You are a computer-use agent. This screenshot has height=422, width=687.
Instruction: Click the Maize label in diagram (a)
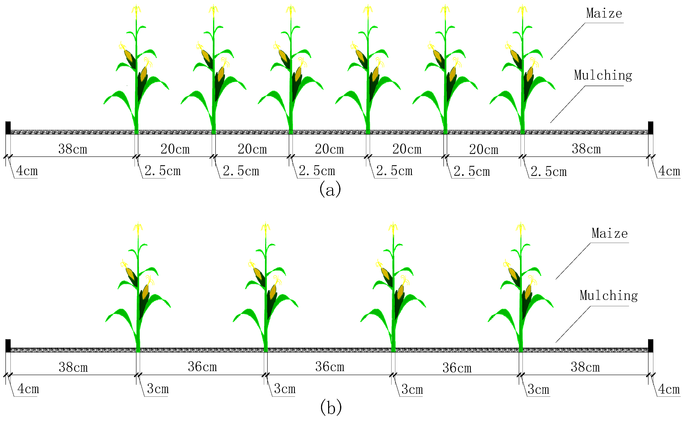tap(604, 13)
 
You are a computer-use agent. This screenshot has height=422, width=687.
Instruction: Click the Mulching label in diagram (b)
tap(609, 296)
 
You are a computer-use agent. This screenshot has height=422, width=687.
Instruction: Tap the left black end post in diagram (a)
tap(8, 128)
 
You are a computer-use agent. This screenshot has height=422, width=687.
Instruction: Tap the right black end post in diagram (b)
tap(650, 346)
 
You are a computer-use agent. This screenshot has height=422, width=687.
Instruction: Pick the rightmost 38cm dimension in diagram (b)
tap(585, 367)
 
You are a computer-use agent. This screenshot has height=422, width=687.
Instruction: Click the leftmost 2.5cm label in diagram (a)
tap(163, 171)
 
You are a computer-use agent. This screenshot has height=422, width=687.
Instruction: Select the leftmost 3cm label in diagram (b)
tap(158, 389)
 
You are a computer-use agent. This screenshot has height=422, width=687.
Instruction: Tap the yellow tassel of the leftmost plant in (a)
tap(136, 10)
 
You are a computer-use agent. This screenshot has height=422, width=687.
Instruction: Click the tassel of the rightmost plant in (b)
tap(521, 227)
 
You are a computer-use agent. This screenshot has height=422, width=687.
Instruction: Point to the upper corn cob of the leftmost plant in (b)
tap(130, 274)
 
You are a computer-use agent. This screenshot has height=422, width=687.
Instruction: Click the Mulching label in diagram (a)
tap(603, 75)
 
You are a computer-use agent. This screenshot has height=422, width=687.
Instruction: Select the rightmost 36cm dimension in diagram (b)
tap(457, 368)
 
